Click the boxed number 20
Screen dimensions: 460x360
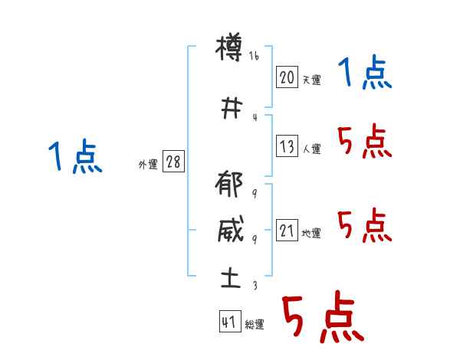point(287,77)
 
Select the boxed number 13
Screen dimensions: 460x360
point(287,147)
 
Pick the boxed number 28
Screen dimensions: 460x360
point(173,162)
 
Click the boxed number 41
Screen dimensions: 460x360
point(228,322)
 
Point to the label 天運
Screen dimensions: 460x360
point(311,79)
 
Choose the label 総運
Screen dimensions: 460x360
point(254,325)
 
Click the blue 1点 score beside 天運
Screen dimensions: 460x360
point(364,74)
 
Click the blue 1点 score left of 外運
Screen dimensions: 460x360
point(74,158)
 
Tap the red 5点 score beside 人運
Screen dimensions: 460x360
point(364,141)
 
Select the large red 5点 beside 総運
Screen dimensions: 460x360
point(321,317)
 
